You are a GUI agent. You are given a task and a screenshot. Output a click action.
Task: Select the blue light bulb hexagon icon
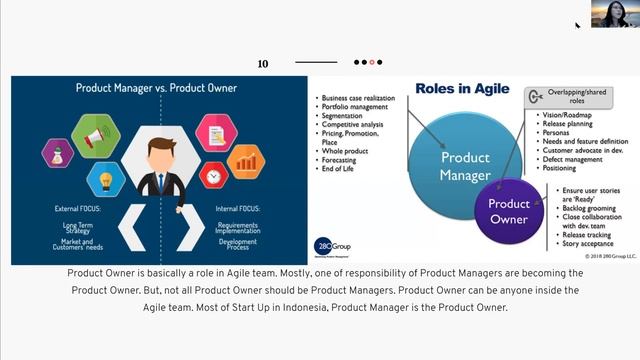(106, 180)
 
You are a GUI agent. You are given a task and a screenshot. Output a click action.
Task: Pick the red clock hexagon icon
(214, 176)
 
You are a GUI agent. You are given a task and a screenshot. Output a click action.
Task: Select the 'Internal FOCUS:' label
(239, 209)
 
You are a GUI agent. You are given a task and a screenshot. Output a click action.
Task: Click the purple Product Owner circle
(509, 211)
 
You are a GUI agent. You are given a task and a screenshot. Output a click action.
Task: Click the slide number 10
(263, 63)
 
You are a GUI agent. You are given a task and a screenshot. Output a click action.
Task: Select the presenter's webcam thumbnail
(608, 13)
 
